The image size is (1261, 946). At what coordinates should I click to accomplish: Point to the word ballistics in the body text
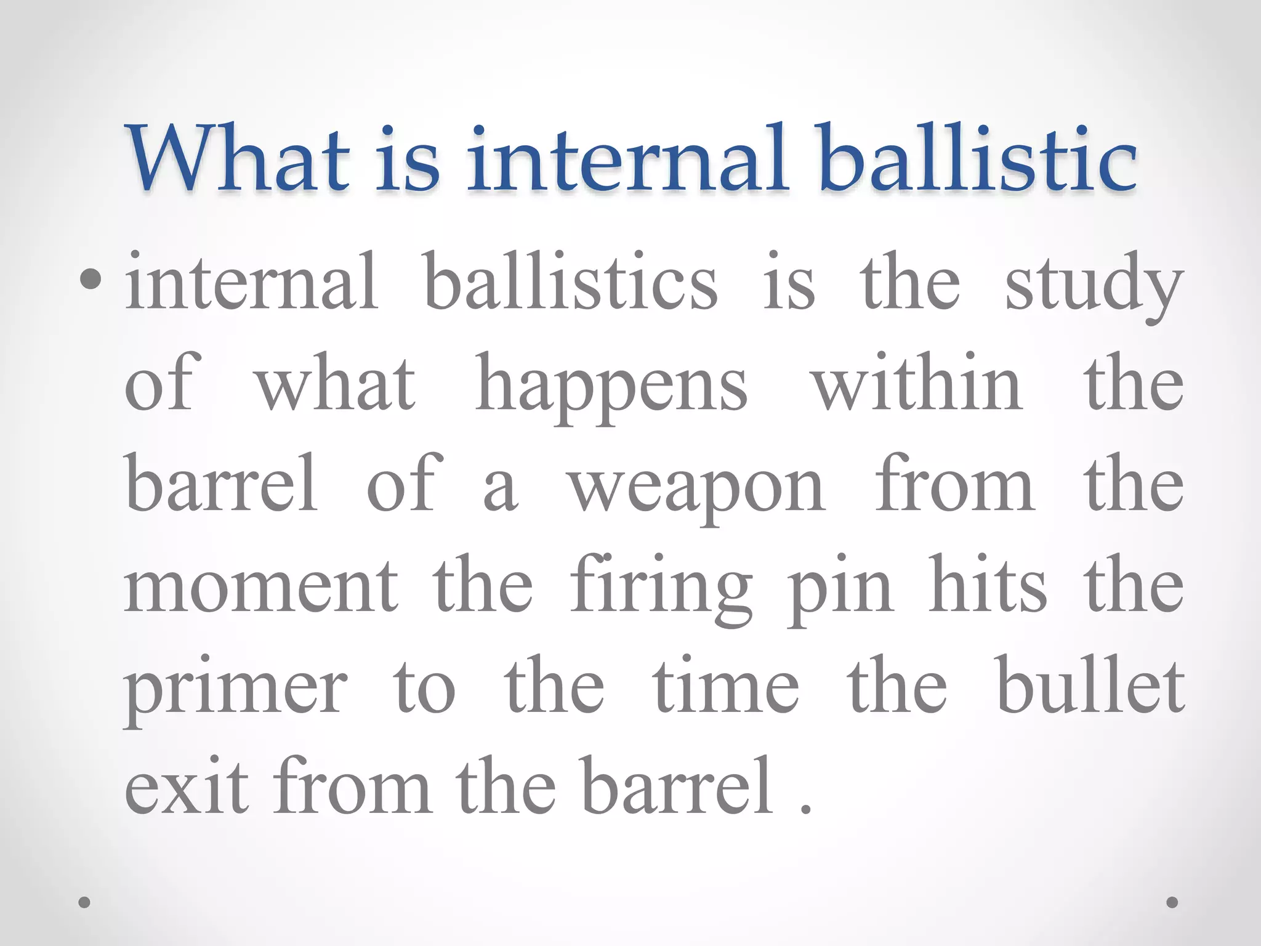tap(571, 281)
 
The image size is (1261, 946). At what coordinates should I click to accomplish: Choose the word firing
tap(661, 588)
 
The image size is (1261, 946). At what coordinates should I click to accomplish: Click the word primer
tap(236, 690)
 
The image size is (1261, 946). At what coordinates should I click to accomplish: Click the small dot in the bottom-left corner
tap(85, 902)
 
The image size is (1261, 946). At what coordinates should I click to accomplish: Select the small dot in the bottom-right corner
tap(1172, 902)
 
